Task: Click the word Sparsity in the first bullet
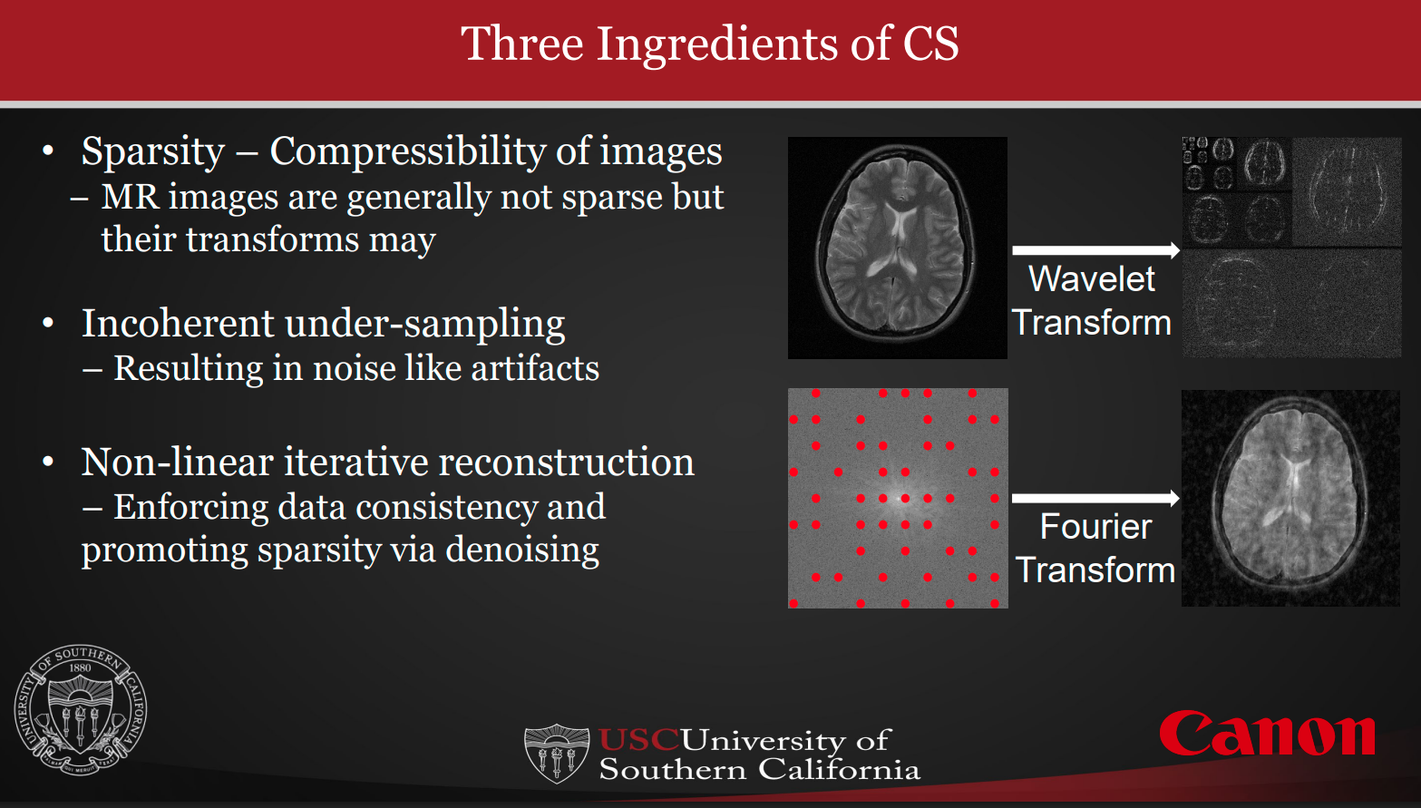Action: [x=152, y=151]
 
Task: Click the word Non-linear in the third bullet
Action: [x=177, y=462]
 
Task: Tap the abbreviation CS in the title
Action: [x=930, y=44]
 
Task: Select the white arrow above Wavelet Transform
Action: [x=1095, y=249]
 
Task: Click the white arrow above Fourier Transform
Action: [x=1095, y=498]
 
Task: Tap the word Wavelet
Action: [x=1092, y=279]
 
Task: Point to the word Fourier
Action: [x=1095, y=527]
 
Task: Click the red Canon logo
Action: [x=1267, y=735]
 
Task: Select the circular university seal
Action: [x=81, y=710]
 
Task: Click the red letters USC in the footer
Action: [x=638, y=740]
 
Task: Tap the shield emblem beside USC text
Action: [x=557, y=753]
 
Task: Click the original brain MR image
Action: [x=897, y=248]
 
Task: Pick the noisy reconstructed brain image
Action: [x=1290, y=498]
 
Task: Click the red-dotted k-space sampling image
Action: [x=898, y=498]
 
